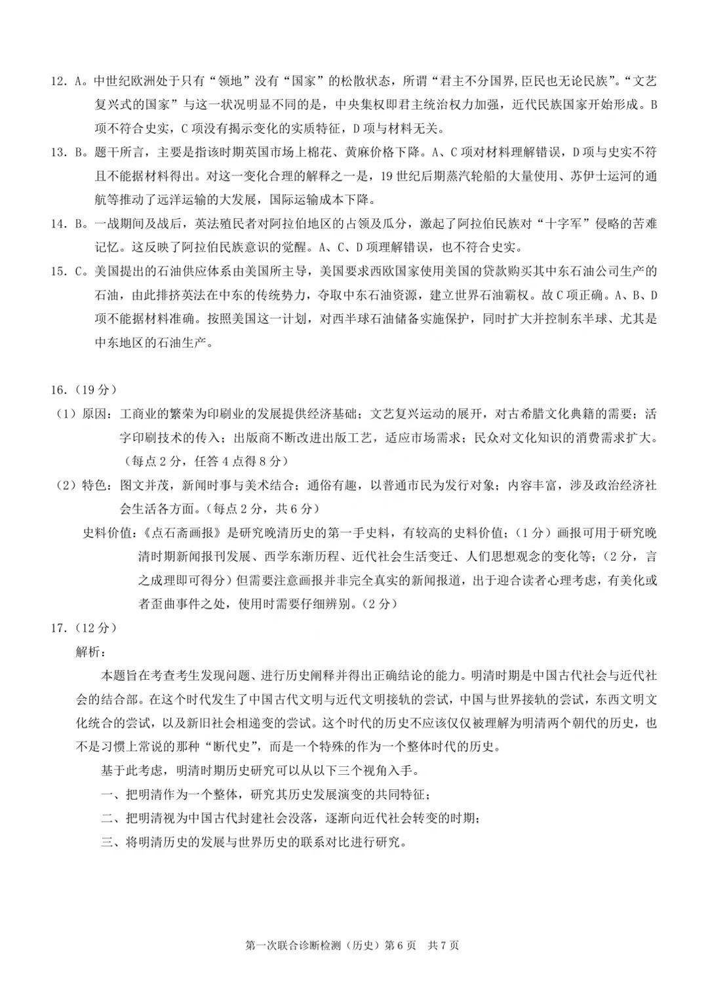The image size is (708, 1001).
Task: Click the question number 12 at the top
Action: [x=58, y=82]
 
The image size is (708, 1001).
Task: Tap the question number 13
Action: [x=58, y=153]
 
